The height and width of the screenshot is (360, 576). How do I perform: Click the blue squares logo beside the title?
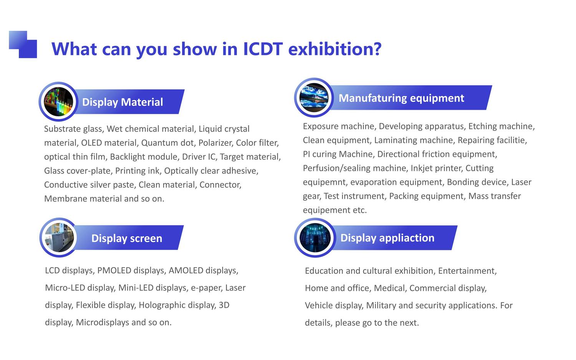point(23,45)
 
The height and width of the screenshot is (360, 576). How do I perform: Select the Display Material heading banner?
point(130,102)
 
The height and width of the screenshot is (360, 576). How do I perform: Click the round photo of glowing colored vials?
point(58,102)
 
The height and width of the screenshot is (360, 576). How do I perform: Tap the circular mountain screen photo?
point(314,97)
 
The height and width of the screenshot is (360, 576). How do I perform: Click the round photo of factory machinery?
point(59,238)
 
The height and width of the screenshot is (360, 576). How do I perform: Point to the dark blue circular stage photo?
point(315,238)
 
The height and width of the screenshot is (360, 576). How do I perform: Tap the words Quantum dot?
point(167,143)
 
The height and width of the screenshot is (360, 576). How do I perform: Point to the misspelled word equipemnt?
point(324,182)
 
